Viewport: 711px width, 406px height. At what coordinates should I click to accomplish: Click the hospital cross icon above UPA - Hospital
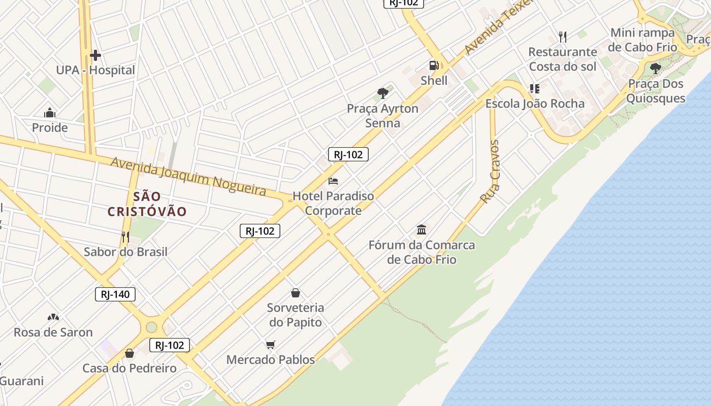95,55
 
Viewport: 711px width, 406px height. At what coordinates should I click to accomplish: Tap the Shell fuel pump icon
434,65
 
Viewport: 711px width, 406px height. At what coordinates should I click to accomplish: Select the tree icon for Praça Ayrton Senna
383,93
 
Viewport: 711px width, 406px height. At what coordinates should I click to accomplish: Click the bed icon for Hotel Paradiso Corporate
333,181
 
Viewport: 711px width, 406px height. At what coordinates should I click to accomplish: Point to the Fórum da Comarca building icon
422,229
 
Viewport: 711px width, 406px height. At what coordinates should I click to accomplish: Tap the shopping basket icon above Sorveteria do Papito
296,293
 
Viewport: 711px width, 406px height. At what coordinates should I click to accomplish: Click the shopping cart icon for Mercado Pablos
271,345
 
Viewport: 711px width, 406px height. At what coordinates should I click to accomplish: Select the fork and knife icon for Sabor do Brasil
125,236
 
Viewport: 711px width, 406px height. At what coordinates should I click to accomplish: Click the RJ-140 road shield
115,294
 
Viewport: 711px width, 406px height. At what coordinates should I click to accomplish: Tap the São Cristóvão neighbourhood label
147,204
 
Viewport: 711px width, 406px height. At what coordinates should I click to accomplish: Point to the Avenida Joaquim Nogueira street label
188,176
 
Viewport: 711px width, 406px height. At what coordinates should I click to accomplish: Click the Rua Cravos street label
490,172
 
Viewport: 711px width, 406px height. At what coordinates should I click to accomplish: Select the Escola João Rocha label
535,104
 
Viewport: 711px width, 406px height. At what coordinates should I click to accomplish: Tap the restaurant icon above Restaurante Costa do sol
562,37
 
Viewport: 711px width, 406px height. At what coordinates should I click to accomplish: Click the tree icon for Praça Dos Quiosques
656,68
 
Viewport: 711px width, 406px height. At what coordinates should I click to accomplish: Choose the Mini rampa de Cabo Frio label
643,40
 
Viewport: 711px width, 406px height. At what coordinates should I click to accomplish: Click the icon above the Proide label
50,112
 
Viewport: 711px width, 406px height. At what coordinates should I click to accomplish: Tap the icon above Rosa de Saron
53,317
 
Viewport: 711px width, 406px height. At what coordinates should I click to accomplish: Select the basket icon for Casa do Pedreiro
130,353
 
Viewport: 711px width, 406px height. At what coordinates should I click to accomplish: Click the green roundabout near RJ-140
151,327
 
